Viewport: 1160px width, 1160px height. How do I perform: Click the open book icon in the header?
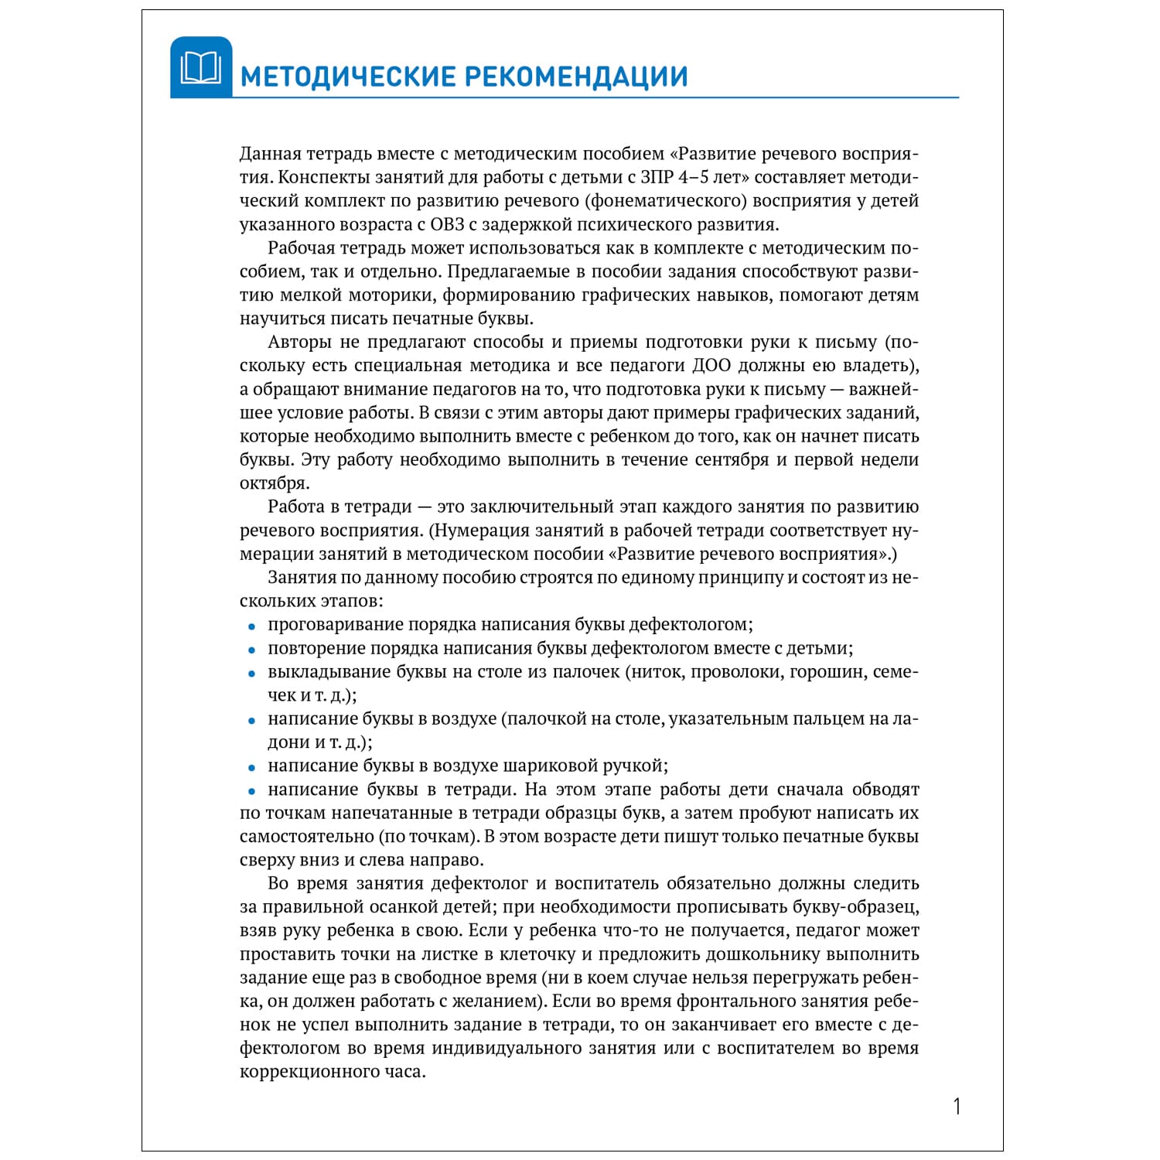point(200,68)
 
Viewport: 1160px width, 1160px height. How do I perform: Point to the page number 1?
point(957,1107)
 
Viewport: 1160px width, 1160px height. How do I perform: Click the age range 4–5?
point(701,177)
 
